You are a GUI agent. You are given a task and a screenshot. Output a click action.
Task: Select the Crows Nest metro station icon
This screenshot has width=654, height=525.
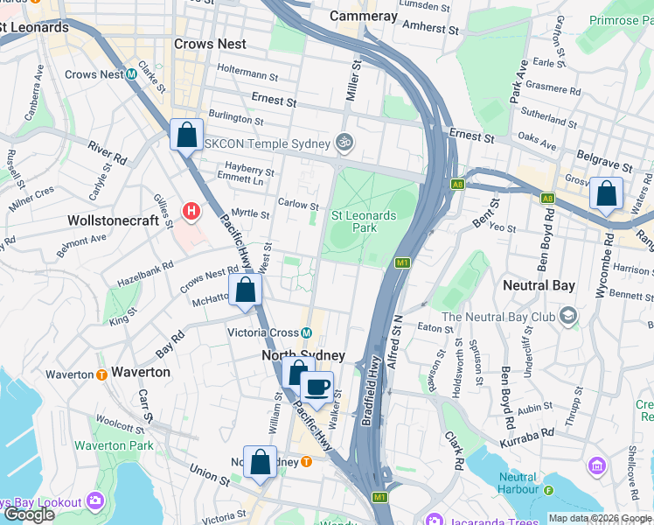(131, 74)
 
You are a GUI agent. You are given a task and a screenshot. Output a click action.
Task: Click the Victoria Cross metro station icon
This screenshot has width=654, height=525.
(307, 332)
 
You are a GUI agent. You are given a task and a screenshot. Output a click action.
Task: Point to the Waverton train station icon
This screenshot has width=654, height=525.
(101, 374)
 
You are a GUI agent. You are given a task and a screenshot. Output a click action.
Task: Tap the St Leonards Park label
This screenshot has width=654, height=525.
(364, 221)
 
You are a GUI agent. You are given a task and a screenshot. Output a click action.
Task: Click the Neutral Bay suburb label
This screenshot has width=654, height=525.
(539, 285)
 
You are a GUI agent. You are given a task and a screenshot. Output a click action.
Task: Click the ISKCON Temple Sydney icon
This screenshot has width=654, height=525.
(344, 143)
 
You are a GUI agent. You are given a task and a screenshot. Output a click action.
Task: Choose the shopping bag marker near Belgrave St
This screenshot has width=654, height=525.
(606, 194)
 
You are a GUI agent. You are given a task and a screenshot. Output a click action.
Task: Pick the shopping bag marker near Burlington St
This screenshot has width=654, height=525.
(186, 136)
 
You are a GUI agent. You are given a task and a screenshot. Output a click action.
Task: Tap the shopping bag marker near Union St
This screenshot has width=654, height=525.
(260, 463)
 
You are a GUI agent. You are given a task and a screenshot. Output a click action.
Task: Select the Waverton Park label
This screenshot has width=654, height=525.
(114, 445)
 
